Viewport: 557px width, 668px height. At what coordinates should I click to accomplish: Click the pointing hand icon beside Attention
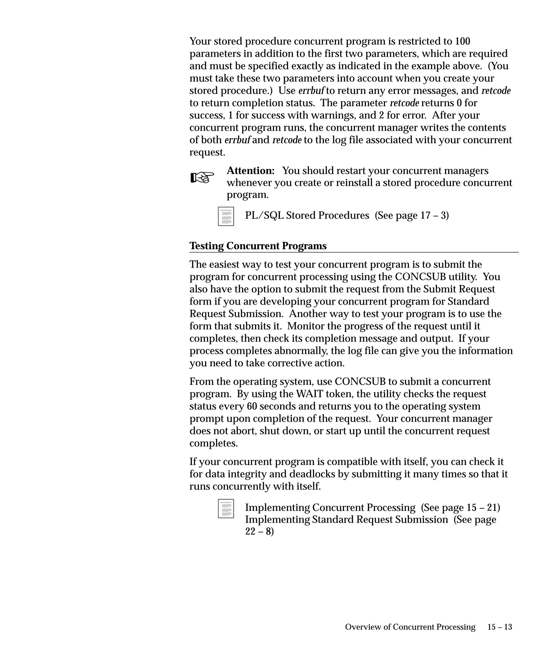pyautogui.click(x=202, y=177)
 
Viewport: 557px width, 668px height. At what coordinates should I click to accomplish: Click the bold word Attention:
pyautogui.click(x=250, y=171)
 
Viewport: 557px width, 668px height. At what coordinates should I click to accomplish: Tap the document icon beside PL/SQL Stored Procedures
pyautogui.click(x=226, y=216)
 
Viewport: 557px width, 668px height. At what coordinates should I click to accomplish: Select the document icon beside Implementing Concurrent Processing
pyautogui.click(x=226, y=508)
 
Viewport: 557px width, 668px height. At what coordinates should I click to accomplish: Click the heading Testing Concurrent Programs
pyautogui.click(x=258, y=246)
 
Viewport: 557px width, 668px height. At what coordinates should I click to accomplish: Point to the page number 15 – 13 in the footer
pyautogui.click(x=499, y=627)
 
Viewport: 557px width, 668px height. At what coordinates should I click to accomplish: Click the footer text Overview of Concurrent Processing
pyautogui.click(x=410, y=627)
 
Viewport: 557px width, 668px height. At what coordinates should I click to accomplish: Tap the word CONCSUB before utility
pyautogui.click(x=420, y=277)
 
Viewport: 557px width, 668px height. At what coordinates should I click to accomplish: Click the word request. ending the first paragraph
pyautogui.click(x=207, y=152)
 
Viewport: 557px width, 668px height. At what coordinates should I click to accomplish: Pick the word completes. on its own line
pyautogui.click(x=213, y=443)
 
